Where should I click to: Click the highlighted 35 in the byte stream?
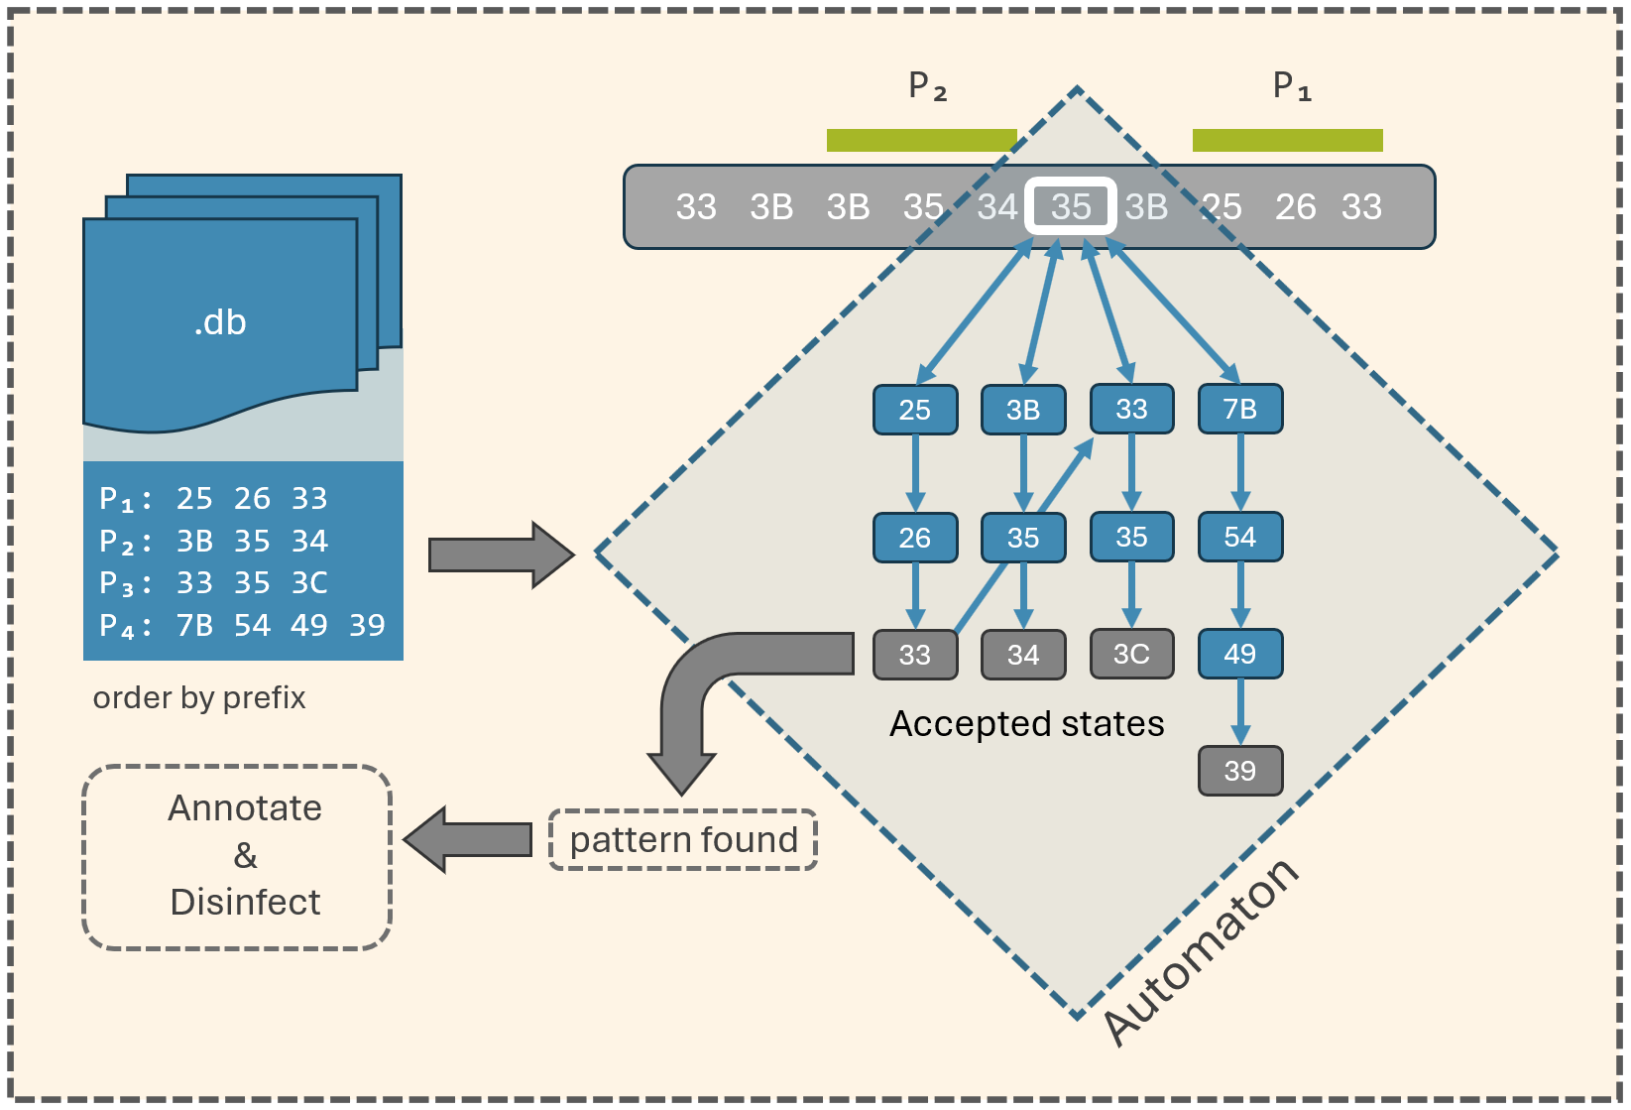click(x=1070, y=206)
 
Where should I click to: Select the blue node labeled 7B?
click(x=1239, y=409)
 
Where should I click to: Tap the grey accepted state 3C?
click(x=1131, y=654)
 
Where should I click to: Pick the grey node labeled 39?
click(x=1239, y=771)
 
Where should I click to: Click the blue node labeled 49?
click(x=1239, y=654)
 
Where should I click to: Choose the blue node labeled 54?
click(x=1239, y=537)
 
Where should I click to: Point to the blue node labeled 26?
click(x=914, y=538)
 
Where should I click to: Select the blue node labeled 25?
click(x=914, y=410)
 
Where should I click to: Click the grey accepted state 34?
click(x=1023, y=655)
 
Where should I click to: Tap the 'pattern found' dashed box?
click(x=683, y=840)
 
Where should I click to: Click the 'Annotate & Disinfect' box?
click(x=237, y=856)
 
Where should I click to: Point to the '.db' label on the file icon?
click(x=220, y=322)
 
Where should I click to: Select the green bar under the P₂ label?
click(x=921, y=140)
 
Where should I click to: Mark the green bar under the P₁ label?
click(x=1287, y=140)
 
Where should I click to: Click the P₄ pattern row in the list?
click(x=242, y=625)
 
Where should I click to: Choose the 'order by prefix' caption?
click(x=199, y=697)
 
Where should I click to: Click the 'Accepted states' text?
click(x=1026, y=723)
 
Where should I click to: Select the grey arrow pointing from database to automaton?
click(x=501, y=555)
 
